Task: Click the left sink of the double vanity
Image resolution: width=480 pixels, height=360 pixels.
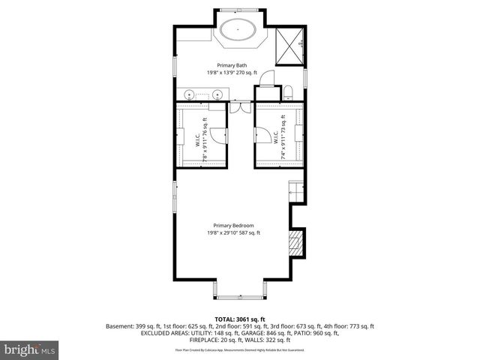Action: (x=190, y=94)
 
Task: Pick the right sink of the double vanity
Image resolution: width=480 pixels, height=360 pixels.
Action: (x=217, y=94)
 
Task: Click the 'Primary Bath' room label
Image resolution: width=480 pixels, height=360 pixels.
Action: (x=233, y=65)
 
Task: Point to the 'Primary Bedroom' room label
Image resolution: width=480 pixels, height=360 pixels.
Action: (x=233, y=226)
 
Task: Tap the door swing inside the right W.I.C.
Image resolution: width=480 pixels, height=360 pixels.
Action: (x=263, y=136)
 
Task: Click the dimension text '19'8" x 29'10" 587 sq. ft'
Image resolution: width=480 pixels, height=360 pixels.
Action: (x=233, y=233)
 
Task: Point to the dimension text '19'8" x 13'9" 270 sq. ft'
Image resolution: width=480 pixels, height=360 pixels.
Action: (x=233, y=73)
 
